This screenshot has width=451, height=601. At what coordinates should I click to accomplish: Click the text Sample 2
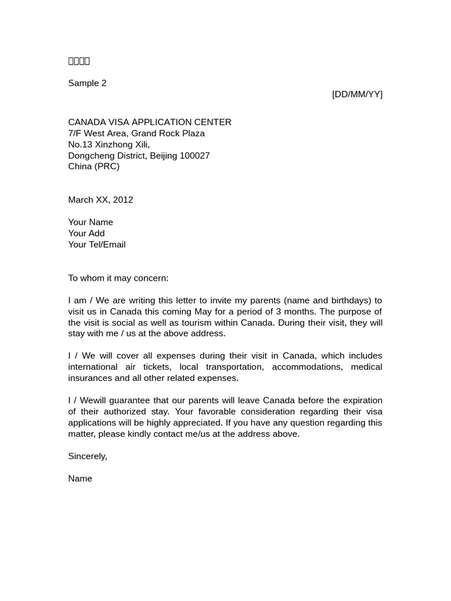[87, 83]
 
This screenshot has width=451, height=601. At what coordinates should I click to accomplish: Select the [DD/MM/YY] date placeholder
[357, 94]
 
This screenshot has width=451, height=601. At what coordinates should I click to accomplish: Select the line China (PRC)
[93, 167]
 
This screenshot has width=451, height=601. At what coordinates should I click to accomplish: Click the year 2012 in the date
[123, 200]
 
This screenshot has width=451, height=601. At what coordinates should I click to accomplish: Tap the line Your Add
[86, 234]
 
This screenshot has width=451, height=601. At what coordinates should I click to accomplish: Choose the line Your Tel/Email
[97, 245]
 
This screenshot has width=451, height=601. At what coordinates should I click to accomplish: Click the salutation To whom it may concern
[118, 278]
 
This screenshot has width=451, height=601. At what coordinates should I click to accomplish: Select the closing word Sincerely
[87, 457]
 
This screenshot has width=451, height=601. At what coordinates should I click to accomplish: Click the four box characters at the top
[79, 61]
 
